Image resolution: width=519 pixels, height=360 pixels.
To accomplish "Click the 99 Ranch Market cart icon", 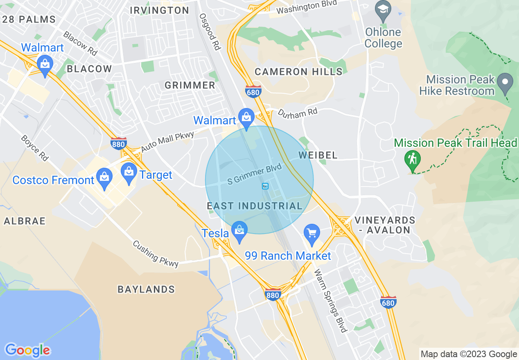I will [312, 233].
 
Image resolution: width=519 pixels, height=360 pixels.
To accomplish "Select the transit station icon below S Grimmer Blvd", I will [265, 186].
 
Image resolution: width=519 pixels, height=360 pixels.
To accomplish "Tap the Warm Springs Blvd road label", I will [330, 300].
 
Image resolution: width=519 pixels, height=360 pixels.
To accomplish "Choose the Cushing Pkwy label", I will [156, 254].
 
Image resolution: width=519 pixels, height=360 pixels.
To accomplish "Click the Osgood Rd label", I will [210, 32].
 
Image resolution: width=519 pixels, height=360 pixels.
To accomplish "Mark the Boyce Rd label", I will [35, 147].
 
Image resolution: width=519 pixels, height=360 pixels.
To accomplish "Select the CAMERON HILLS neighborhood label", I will [298, 72].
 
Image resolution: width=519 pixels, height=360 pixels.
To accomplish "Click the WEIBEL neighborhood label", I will [318, 155].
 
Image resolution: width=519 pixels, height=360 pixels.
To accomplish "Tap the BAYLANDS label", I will [146, 289].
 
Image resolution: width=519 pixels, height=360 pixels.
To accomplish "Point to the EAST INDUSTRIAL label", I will [255, 206].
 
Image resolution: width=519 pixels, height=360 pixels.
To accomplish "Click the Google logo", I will [27, 350].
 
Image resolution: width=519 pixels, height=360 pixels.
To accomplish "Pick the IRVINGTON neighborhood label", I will [160, 11].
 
